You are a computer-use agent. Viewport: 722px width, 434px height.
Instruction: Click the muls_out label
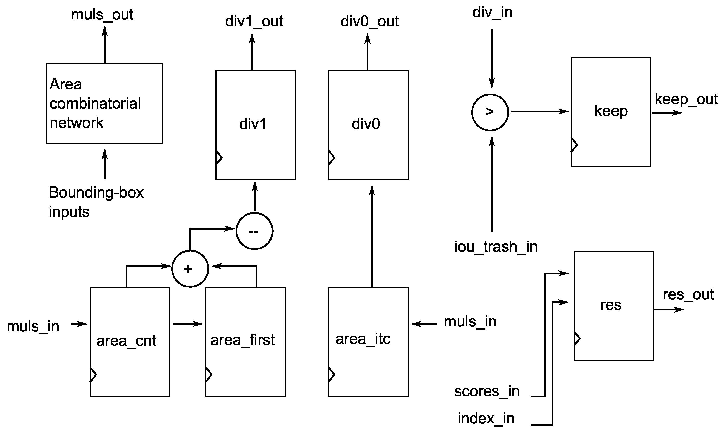[102, 15]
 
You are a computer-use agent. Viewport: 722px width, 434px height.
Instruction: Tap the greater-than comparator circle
[490, 112]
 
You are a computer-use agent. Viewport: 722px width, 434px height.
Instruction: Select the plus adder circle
[190, 269]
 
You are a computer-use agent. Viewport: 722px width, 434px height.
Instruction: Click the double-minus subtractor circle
[254, 231]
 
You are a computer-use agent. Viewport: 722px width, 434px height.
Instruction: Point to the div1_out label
[254, 21]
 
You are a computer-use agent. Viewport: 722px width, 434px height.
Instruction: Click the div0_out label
[369, 21]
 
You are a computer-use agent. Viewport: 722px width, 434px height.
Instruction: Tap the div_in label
[492, 13]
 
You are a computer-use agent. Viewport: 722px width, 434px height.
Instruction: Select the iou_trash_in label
[496, 247]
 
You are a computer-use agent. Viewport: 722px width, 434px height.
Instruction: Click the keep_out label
[686, 99]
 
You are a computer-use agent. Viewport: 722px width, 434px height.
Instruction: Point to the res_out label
[688, 294]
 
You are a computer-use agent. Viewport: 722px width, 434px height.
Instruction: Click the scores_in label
[487, 391]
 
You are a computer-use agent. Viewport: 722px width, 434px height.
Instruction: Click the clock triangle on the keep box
[574, 145]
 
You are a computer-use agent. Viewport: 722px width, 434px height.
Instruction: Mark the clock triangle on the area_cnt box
[93, 374]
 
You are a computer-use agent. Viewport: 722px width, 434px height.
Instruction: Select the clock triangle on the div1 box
[219, 158]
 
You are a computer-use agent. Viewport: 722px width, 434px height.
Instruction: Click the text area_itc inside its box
[363, 339]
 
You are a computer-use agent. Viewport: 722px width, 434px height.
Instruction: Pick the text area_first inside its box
[243, 340]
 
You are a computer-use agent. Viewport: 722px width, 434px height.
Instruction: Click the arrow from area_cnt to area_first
[187, 324]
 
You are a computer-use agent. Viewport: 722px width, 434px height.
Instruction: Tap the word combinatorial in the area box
[95, 103]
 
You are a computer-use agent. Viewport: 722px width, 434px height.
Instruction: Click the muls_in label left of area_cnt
[33, 326]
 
